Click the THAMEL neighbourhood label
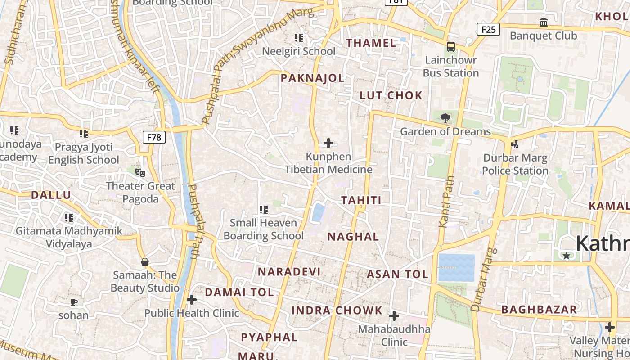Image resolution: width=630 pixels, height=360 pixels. [x=371, y=43]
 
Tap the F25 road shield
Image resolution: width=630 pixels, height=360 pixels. [x=488, y=30]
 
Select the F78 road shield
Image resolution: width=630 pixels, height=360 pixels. [x=154, y=137]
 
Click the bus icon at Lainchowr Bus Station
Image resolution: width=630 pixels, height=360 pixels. [x=450, y=47]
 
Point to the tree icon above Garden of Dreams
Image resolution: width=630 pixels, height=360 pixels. [x=445, y=118]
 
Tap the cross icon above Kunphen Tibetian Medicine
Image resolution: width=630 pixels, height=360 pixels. [x=328, y=144]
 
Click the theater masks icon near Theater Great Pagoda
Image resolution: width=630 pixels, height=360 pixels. [x=140, y=172]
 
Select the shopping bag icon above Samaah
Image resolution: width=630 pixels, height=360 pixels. [x=145, y=261]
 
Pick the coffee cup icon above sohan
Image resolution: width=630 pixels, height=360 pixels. [x=74, y=302]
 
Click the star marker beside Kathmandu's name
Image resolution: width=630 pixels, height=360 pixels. [x=567, y=256]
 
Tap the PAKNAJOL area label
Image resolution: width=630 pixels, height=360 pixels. [x=312, y=78]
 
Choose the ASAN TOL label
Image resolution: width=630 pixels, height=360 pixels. [x=397, y=274]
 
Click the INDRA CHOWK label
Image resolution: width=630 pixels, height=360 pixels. [x=337, y=310]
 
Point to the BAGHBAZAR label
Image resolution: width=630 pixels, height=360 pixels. [x=539, y=310]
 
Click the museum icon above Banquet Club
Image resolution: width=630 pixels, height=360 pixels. [x=544, y=22]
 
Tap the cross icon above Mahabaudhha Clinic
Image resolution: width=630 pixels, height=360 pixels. [x=394, y=316]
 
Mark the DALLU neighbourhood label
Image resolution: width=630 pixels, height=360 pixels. [x=51, y=195]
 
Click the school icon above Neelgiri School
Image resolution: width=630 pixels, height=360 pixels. [x=299, y=38]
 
